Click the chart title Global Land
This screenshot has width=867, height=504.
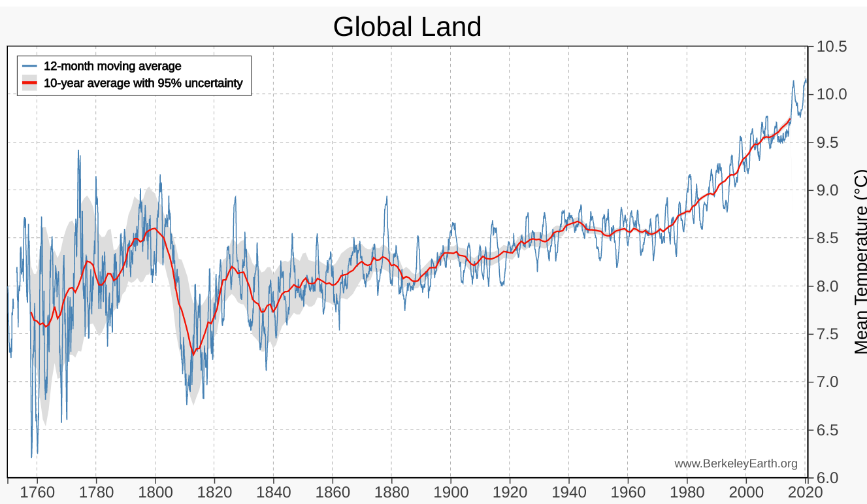pos(407,27)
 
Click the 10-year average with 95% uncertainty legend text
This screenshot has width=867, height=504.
pos(143,83)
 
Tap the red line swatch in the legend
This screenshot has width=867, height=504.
pos(29,83)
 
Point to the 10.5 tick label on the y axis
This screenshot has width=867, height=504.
pos(831,46)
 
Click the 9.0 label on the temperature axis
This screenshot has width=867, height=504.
pos(831,190)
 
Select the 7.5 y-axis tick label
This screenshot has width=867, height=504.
pos(831,334)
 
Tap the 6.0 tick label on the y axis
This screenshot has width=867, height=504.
pos(831,477)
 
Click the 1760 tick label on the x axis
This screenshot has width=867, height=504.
pos(37,492)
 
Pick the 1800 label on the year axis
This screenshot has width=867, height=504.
pos(155,492)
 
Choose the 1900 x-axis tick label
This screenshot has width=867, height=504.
pos(451,492)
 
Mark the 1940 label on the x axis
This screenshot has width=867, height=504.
pos(569,492)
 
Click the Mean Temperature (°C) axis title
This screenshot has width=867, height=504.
pos(860,262)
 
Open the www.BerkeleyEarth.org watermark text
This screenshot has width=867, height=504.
pos(736,463)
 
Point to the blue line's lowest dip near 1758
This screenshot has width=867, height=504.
pos(31,456)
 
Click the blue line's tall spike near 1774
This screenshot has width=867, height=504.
pos(78,151)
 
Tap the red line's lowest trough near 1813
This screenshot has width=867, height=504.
pos(193,354)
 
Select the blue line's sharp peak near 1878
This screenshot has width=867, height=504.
pos(387,197)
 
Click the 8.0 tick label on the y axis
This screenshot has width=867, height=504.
pos(831,286)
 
